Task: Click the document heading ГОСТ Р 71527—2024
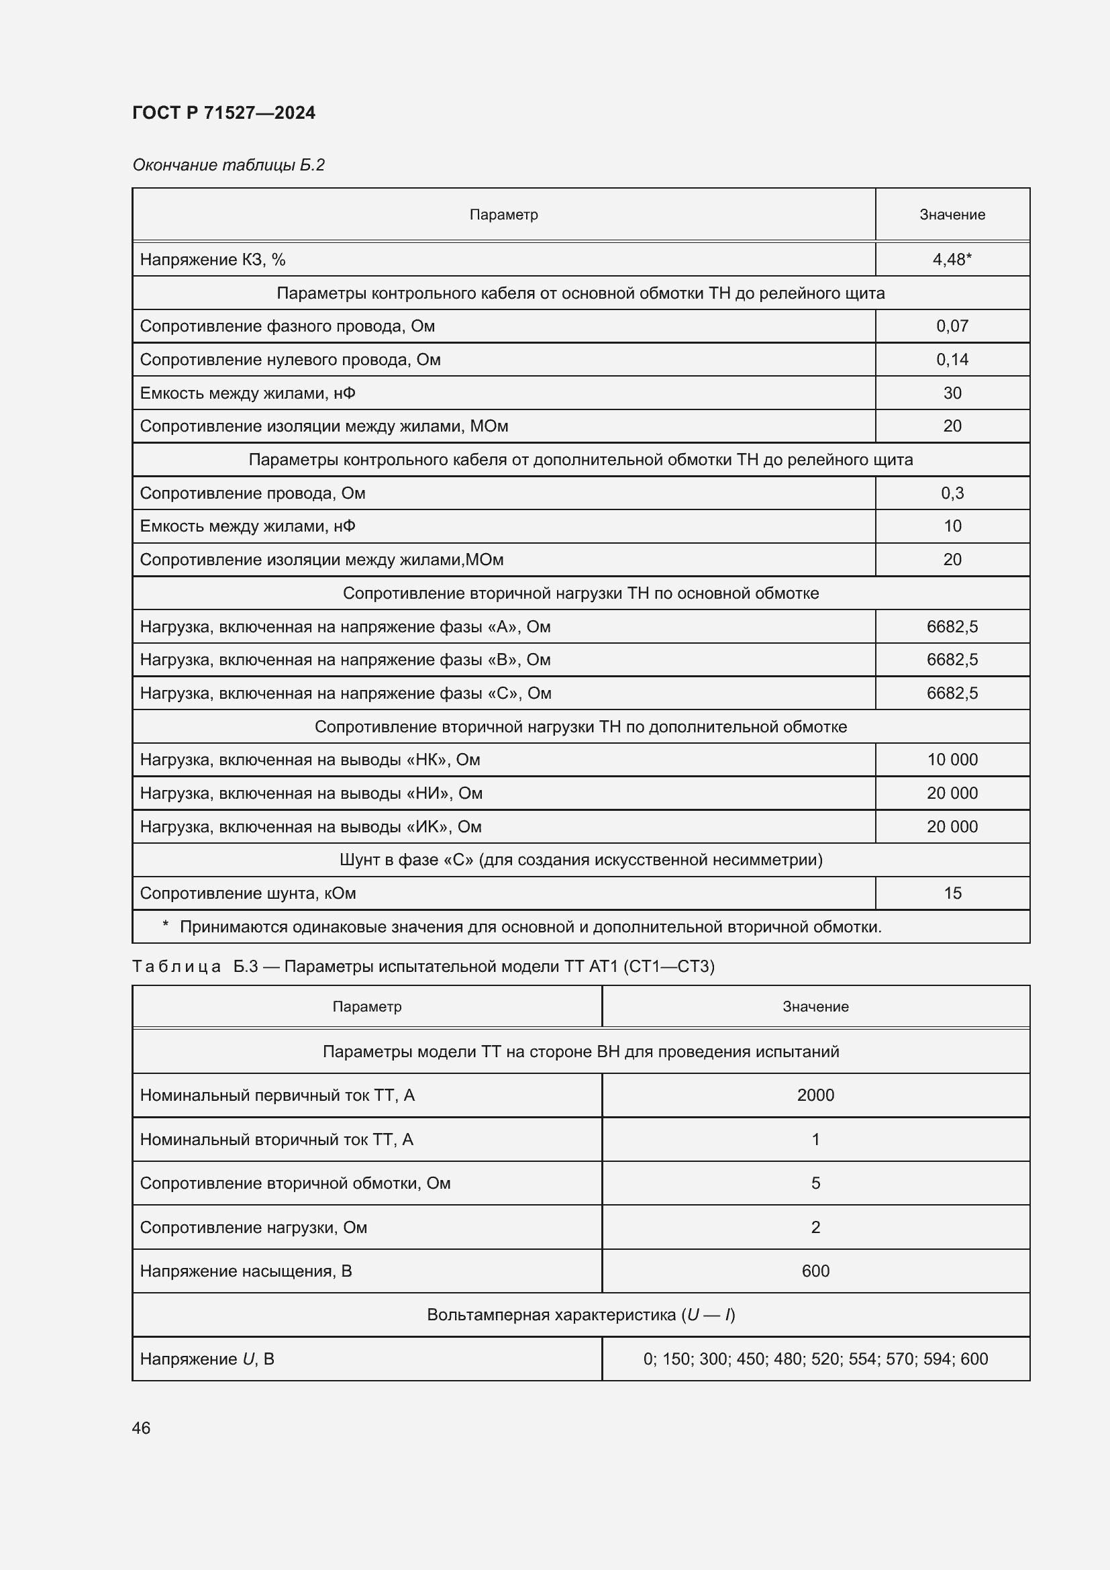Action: [223, 113]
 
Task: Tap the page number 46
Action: [141, 1428]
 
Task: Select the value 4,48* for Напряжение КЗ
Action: [952, 259]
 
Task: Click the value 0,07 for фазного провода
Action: [952, 326]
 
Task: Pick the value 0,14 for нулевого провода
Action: [952, 360]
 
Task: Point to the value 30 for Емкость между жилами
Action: [952, 393]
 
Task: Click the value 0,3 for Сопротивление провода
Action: [952, 493]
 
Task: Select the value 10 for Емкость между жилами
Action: [952, 526]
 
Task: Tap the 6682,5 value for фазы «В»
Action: [952, 660]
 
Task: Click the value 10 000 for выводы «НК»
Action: [952, 760]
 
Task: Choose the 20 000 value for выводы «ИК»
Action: [952, 827]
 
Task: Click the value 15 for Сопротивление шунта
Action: [952, 893]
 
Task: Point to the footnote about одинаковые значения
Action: [529, 926]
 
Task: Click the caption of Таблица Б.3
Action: [423, 966]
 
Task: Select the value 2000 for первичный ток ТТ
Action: [815, 1095]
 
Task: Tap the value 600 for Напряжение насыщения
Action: [815, 1271]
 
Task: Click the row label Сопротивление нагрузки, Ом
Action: [253, 1228]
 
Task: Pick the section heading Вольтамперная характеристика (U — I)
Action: [581, 1315]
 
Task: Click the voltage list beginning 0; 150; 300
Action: [815, 1359]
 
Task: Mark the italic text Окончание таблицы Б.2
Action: [228, 165]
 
